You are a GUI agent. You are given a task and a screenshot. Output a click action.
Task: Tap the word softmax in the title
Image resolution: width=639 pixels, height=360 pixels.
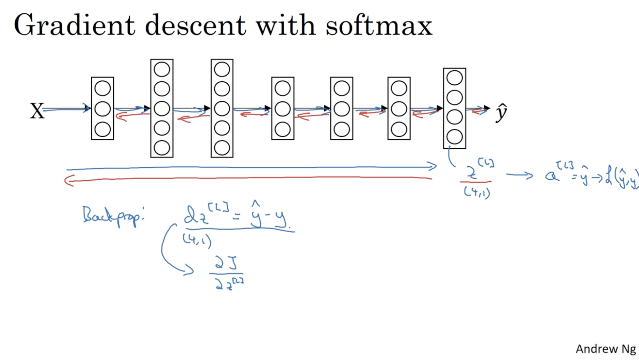(x=379, y=25)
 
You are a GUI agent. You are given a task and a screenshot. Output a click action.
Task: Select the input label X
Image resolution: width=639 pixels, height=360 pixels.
(x=37, y=111)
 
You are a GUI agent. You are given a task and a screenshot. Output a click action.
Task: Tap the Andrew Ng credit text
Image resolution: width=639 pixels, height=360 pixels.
(x=606, y=349)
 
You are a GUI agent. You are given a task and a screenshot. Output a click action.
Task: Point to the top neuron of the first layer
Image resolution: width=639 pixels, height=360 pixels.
(x=102, y=88)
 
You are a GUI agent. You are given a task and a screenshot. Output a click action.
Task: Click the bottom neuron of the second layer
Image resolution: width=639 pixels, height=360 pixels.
(x=162, y=148)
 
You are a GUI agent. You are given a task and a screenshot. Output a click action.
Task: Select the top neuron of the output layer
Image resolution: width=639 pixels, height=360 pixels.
(x=454, y=78)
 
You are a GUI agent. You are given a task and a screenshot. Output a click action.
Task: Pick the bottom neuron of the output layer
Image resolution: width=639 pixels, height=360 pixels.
(x=454, y=137)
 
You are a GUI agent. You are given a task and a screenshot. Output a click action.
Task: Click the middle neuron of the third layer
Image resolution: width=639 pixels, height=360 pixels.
(x=222, y=109)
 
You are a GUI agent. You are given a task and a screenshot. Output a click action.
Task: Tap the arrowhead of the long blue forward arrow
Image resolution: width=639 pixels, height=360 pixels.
(x=433, y=167)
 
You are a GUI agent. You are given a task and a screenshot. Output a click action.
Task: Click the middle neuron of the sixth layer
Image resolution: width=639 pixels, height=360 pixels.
(x=399, y=109)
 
